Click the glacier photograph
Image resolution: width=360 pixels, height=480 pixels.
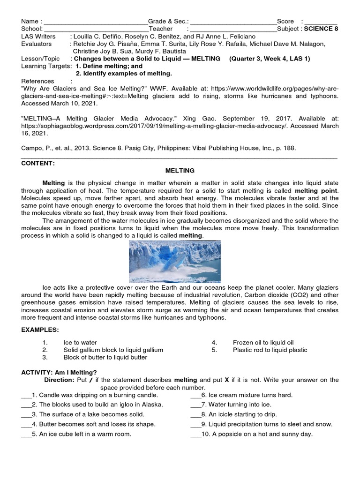coord(174,262)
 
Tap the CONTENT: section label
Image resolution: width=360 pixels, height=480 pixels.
coord(38,163)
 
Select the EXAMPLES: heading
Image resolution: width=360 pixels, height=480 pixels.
coord(40,330)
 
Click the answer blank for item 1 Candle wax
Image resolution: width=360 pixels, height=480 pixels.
coord(26,395)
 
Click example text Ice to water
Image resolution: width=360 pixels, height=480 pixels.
coord(80,343)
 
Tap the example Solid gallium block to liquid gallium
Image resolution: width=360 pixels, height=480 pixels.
coord(113,350)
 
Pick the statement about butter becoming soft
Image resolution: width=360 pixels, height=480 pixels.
coord(93,424)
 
